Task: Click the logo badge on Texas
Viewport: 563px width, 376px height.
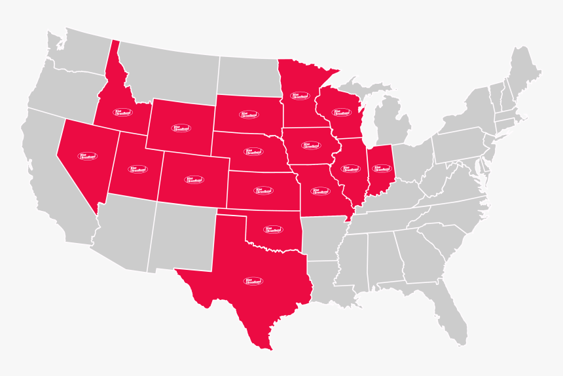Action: [253, 281]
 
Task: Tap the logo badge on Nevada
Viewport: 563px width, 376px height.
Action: [87, 157]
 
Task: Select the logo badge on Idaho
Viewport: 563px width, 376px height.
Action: [122, 113]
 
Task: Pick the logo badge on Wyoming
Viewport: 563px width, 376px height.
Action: [181, 128]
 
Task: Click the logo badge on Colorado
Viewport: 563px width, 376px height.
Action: [194, 179]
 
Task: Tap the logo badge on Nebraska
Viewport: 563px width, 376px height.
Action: [254, 151]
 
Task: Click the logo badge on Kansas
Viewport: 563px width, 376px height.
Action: [263, 191]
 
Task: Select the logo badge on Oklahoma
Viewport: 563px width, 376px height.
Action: [273, 229]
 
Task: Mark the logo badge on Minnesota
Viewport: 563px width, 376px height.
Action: [300, 96]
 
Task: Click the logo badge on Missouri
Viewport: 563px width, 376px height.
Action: [320, 191]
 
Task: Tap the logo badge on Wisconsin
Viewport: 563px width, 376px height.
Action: [341, 112]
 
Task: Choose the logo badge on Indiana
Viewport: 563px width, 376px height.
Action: [380, 168]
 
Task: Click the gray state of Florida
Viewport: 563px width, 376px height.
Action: [452, 314]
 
